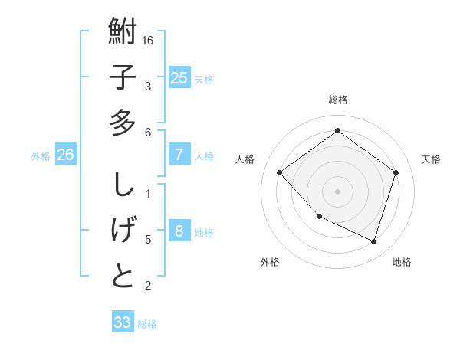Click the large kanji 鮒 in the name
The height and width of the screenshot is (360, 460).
123,33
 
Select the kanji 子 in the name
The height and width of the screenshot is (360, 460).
123,77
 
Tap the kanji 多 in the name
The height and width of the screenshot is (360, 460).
123,122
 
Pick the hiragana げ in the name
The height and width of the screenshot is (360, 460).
123,231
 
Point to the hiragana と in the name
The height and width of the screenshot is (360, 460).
123,275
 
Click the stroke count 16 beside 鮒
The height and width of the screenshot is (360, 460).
149,40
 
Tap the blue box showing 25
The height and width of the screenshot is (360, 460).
179,77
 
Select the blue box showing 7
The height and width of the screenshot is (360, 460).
179,155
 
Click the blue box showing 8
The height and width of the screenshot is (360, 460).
179,231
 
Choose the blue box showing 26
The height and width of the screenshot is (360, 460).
65,155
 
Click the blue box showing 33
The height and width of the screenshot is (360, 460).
122,322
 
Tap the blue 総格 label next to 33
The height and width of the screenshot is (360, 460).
147,324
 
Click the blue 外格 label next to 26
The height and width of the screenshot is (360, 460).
41,156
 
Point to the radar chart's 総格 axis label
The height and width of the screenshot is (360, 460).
338,100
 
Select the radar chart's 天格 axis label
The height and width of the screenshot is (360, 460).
432,159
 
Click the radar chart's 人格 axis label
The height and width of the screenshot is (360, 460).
245,159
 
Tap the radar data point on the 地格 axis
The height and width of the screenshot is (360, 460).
373,241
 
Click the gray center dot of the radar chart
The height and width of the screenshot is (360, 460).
337,191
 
